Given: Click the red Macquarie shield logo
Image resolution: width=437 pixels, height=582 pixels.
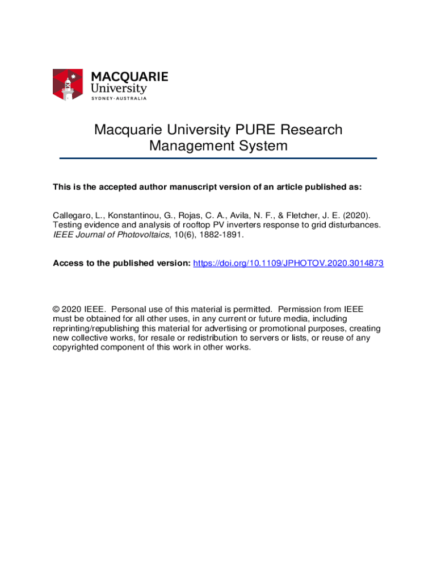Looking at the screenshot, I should [x=68, y=85].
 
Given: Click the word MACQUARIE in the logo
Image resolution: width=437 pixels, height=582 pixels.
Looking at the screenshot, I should [x=129, y=77].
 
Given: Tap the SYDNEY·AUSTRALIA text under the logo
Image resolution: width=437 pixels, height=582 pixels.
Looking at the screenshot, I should [x=119, y=98].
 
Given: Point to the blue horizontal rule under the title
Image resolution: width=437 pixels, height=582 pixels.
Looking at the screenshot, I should [x=218, y=158].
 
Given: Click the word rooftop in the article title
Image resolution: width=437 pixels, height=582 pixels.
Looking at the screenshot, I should [x=179, y=225].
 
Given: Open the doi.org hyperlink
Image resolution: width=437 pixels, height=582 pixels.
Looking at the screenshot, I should [x=288, y=263].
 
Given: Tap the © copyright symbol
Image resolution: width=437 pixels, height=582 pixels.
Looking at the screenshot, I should [x=56, y=310].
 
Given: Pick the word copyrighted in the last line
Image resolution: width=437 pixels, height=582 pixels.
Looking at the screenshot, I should [x=75, y=347].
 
